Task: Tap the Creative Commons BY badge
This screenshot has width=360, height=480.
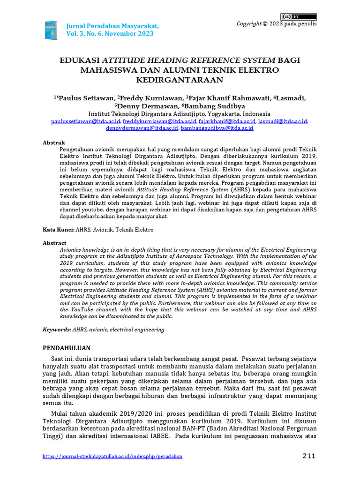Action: tap(299, 16)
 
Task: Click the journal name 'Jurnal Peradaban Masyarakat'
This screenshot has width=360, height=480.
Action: tap(113, 25)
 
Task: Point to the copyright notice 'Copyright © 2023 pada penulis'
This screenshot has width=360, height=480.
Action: tap(277, 24)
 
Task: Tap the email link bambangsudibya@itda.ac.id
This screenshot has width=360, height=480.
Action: tap(217, 127)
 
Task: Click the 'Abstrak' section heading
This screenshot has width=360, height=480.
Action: tap(54, 142)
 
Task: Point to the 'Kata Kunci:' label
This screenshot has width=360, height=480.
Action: tap(59, 230)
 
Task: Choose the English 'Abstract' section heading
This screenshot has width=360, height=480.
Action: tap(55, 243)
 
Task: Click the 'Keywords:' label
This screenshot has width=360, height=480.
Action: tap(57, 330)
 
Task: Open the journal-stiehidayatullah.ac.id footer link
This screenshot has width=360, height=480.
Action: tap(112, 456)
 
